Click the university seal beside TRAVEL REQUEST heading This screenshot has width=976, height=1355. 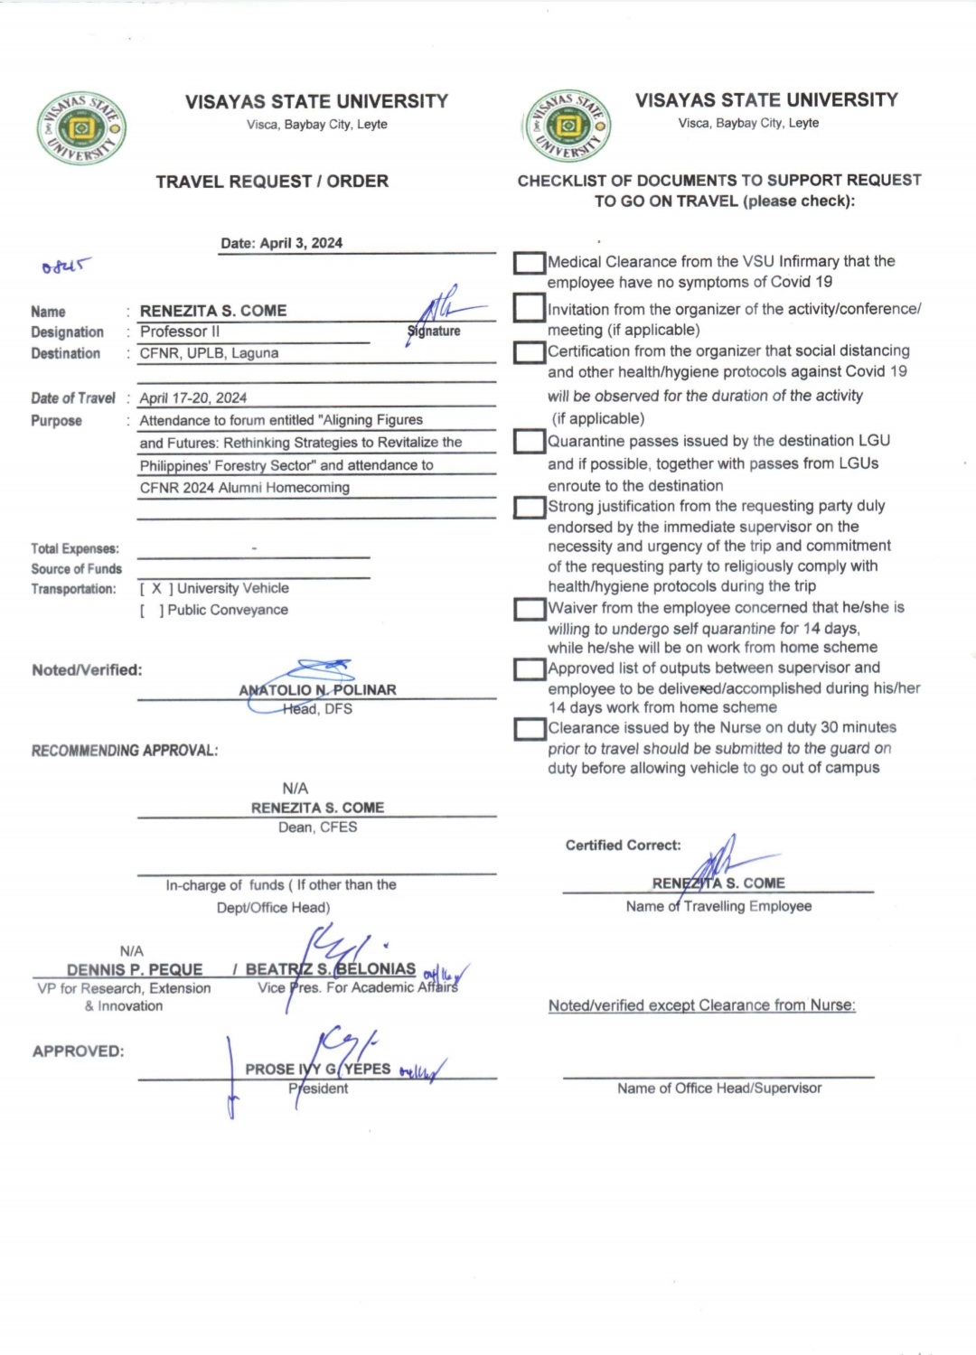click(81, 129)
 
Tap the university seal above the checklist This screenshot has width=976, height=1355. click(568, 126)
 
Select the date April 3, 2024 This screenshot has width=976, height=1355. click(281, 243)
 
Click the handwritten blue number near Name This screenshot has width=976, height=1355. click(66, 266)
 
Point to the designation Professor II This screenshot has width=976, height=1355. click(180, 332)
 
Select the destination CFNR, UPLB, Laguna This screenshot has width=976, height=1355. click(209, 353)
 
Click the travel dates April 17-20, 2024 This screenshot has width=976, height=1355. click(192, 397)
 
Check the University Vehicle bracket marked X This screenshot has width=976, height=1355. click(156, 588)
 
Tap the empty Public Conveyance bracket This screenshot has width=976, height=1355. click(152, 611)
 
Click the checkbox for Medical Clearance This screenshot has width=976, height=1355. click(530, 263)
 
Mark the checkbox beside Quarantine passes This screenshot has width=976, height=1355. click(530, 442)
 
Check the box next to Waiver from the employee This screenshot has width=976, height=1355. click(530, 609)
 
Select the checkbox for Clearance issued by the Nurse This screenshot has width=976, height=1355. click(530, 729)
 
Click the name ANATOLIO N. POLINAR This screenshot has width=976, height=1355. click(317, 690)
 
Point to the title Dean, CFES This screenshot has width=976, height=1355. click(317, 827)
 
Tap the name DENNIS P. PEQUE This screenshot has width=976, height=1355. click(135, 969)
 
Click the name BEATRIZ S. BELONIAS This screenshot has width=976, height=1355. click(331, 969)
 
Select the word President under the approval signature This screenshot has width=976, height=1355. click(318, 1089)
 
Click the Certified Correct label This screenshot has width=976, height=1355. click(623, 846)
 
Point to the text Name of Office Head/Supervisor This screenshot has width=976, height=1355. click(719, 1089)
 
